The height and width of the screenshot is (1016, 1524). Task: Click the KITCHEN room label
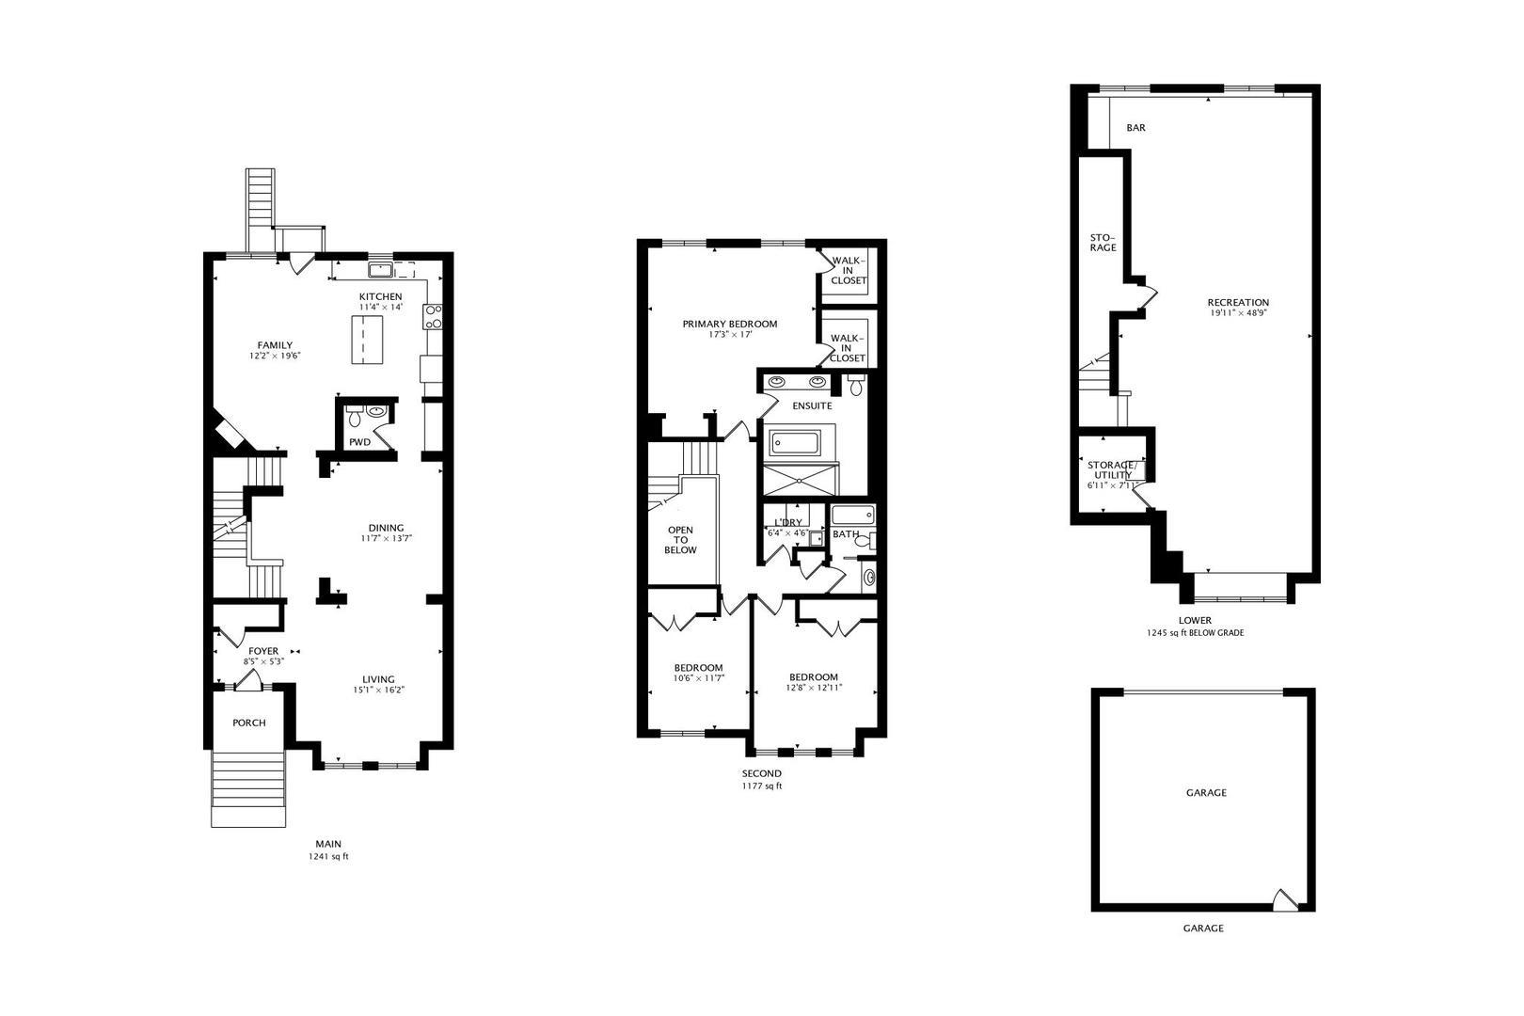pyautogui.click(x=380, y=296)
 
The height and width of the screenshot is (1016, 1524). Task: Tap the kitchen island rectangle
pyautogui.click(x=368, y=340)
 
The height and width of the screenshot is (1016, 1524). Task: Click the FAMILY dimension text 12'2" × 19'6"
pyautogui.click(x=274, y=356)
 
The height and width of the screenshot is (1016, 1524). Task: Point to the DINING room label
pyautogui.click(x=386, y=528)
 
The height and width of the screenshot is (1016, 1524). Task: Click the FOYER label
pyautogui.click(x=263, y=651)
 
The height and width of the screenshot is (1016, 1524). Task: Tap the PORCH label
pyautogui.click(x=249, y=722)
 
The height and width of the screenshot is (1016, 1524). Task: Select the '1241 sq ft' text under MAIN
pyautogui.click(x=328, y=857)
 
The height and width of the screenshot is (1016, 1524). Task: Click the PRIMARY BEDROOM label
pyautogui.click(x=730, y=324)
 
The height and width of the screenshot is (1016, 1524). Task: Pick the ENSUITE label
pyautogui.click(x=813, y=405)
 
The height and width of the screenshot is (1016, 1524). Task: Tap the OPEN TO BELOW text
pyautogui.click(x=680, y=540)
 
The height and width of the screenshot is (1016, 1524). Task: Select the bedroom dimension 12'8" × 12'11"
pyautogui.click(x=814, y=688)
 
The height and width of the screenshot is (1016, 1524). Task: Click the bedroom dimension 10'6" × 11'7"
pyautogui.click(x=699, y=677)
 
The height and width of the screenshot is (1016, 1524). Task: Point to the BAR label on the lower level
pyautogui.click(x=1135, y=127)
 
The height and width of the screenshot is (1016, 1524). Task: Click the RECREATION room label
pyautogui.click(x=1238, y=302)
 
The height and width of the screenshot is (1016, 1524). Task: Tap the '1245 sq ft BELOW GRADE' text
pyautogui.click(x=1196, y=633)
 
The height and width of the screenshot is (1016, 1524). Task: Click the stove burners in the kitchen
pyautogui.click(x=433, y=317)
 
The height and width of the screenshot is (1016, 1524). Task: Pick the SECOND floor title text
pyautogui.click(x=761, y=773)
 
